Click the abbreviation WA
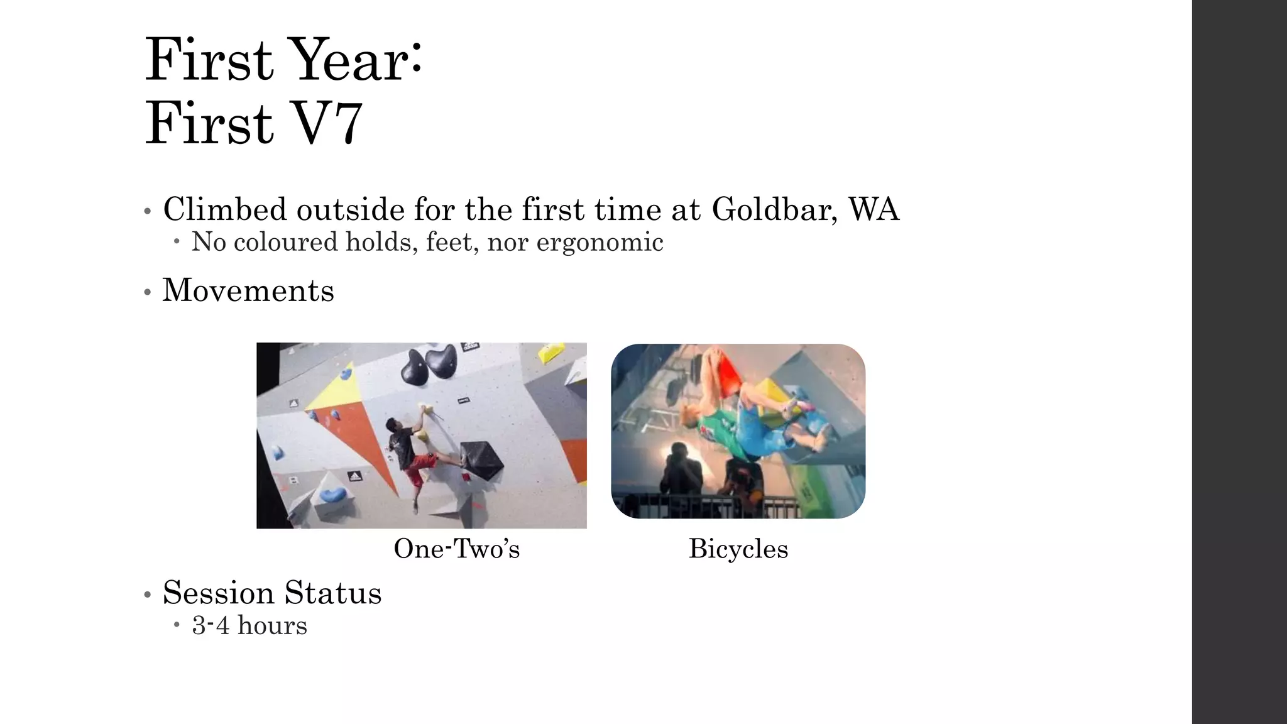pos(874,209)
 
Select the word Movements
pos(248,290)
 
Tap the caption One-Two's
pos(456,549)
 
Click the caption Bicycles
pos(738,549)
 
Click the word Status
pos(333,593)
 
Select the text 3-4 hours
pos(249,626)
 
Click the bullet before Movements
pos(148,292)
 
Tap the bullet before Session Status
pos(148,595)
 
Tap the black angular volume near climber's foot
pos(481,459)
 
